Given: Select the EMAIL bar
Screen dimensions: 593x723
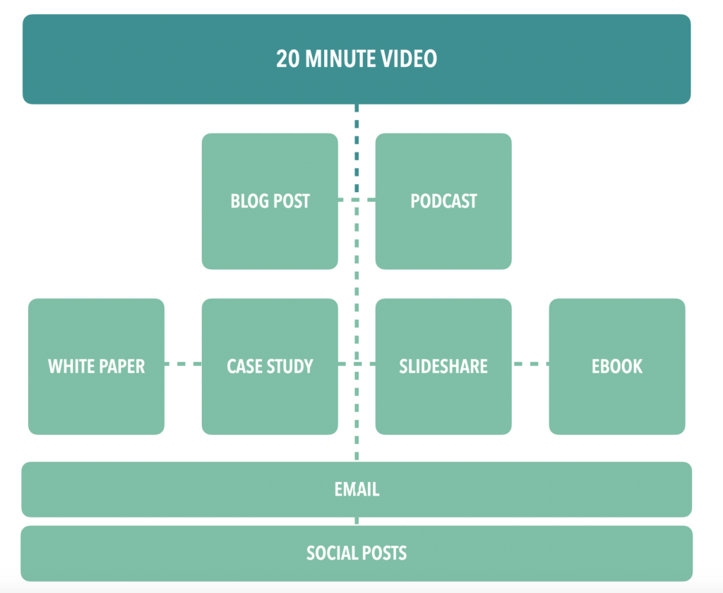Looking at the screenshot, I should click(357, 489).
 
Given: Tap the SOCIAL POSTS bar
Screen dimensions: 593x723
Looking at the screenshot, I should click(357, 553).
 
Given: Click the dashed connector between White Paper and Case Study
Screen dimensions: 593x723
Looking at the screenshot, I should click(183, 364).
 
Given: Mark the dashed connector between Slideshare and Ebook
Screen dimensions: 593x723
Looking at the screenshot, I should click(530, 364).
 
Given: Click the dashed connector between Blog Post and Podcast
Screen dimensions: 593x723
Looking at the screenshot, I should click(357, 200).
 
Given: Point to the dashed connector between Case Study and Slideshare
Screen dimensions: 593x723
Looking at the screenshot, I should click(357, 364).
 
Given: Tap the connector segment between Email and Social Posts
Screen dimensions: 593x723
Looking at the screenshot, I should click(357, 521).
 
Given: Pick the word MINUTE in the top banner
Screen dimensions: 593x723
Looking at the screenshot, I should click(342, 59).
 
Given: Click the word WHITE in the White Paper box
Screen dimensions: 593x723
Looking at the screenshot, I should click(71, 366).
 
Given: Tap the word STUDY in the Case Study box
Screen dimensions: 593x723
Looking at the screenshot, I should click(289, 366).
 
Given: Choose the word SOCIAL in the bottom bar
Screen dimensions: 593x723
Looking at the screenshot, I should click(331, 553).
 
